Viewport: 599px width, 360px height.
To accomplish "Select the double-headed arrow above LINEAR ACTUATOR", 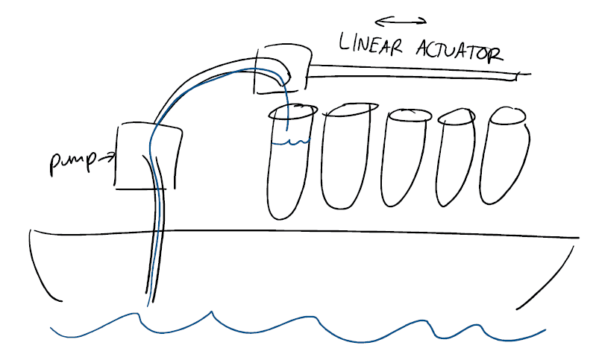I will pyautogui.click(x=401, y=20).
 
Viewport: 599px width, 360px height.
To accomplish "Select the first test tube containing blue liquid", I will pyautogui.click(x=288, y=164).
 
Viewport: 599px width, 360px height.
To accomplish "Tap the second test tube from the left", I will pyautogui.click(x=344, y=157).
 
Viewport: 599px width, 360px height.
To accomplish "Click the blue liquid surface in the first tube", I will pyautogui.click(x=291, y=142).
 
